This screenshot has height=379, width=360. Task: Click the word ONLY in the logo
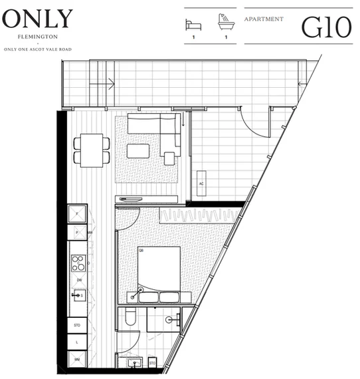point(38,18)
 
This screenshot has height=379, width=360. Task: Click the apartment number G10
point(325,27)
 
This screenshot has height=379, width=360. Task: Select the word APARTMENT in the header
point(264,19)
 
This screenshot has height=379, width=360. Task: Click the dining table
point(88,149)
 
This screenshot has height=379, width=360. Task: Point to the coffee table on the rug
point(139,151)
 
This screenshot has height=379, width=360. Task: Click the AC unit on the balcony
point(202,184)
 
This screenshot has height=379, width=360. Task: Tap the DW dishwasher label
point(78,281)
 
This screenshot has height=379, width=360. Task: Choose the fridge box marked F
point(78,214)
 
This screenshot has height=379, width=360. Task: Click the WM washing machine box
point(78,359)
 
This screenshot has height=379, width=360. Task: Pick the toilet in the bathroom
point(131,318)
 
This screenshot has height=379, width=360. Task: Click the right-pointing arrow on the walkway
point(110,83)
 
